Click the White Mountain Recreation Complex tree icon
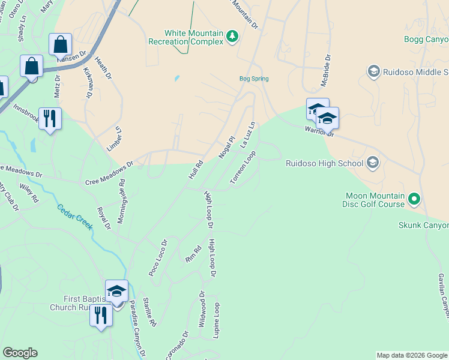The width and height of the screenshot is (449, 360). [232, 37]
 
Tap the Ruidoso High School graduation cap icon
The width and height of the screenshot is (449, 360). [372, 163]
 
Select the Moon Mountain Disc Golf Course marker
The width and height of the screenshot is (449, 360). [414, 198]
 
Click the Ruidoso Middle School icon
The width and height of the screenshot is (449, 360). [373, 72]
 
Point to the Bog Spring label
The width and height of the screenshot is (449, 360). [254, 79]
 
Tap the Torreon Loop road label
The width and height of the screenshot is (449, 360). [243, 167]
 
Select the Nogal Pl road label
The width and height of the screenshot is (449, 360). [226, 147]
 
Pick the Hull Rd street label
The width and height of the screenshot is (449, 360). [196, 170]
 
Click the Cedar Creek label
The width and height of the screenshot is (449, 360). [75, 217]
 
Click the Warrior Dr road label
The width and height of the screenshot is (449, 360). [319, 130]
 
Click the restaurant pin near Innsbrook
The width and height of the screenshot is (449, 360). [50, 118]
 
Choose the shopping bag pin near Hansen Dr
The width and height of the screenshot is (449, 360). [61, 44]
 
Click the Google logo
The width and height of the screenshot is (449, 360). [20, 353]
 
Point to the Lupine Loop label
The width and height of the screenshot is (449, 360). [217, 320]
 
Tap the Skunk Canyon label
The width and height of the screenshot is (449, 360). [424, 225]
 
